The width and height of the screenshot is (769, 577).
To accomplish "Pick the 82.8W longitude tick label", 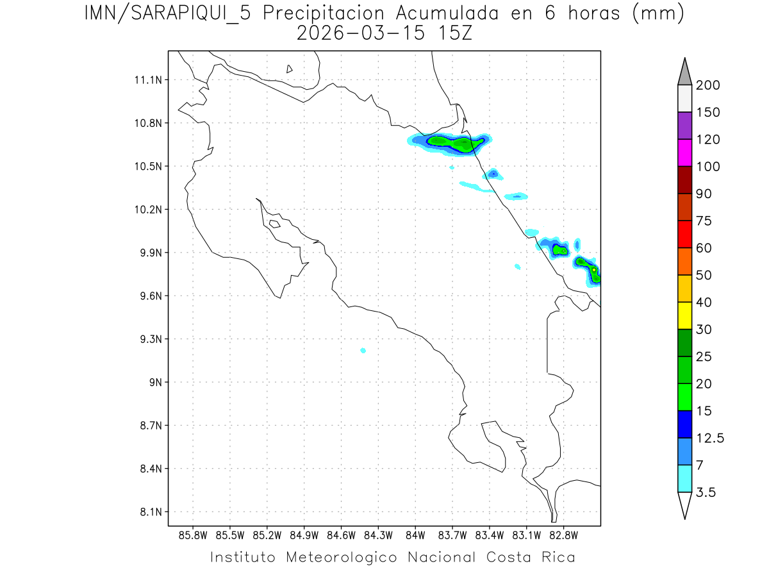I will (x=563, y=535).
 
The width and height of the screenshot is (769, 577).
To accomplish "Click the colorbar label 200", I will (x=707, y=85).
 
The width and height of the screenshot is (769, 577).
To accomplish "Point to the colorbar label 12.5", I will (x=709, y=439).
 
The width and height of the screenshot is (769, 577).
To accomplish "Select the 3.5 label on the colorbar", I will (x=706, y=492).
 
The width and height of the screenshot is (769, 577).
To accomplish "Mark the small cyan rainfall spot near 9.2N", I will (x=363, y=350).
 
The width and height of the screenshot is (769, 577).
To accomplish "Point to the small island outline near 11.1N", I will (x=290, y=69).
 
